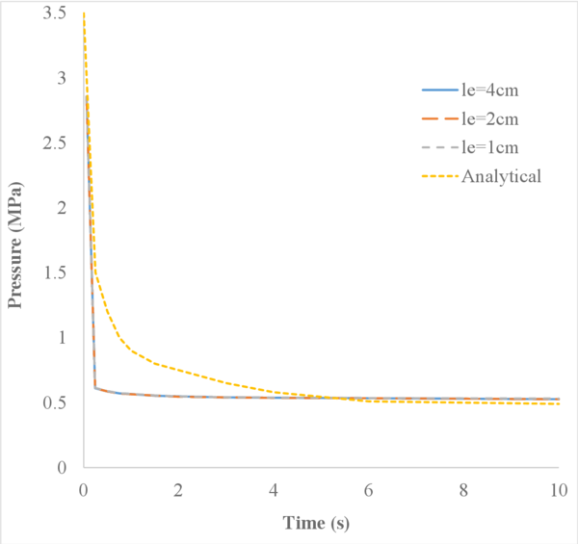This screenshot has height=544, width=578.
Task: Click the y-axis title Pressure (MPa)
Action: click(x=15, y=240)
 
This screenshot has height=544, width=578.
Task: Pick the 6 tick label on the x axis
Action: click(x=369, y=490)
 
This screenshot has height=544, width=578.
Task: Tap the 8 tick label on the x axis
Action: click(x=463, y=490)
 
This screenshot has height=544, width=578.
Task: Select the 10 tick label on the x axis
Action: click(x=558, y=490)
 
